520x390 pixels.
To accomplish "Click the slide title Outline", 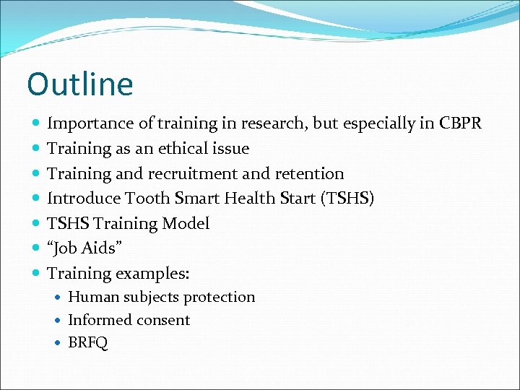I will point(80,84).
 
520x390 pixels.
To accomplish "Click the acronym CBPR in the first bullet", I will point(460,123).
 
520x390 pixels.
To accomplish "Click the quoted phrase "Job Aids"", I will point(84,248).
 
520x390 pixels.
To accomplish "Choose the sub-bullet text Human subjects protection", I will point(161,298).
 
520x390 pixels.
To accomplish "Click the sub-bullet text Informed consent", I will point(129,320).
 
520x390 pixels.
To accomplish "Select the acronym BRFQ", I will point(87,343).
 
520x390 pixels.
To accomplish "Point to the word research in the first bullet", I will point(265,123).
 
